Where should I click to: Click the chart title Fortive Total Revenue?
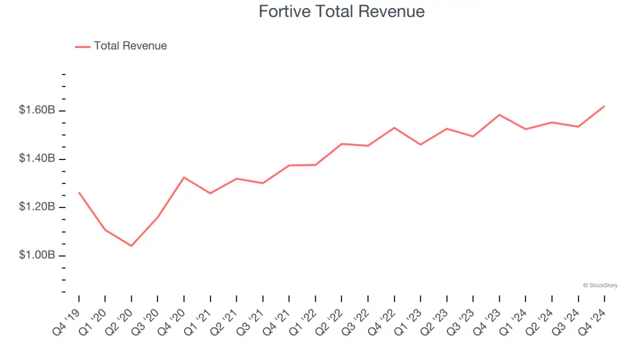coord(341,11)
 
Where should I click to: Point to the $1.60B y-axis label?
coord(37,110)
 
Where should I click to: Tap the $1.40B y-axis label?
coord(37,158)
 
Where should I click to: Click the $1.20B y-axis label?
coord(37,207)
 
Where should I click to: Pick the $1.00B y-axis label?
coord(37,255)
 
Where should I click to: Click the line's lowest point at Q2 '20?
coord(131,246)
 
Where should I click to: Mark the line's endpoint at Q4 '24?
coord(604,106)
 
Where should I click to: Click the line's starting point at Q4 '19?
coord(79,193)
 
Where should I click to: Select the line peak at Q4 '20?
coord(184,177)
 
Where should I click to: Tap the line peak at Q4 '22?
coord(394,127)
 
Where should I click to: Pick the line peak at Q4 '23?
coord(499,115)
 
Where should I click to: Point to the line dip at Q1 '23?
coord(420,145)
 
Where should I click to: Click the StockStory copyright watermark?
coord(601,285)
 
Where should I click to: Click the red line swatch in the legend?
coord(83,46)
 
